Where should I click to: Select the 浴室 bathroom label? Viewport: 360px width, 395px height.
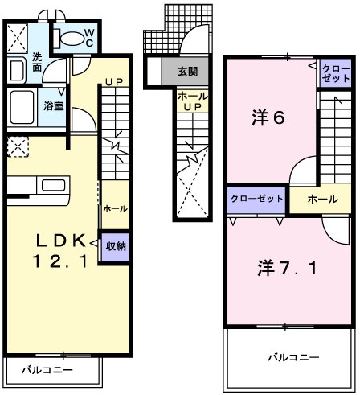click(54, 105)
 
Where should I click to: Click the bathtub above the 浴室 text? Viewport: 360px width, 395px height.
click(24, 105)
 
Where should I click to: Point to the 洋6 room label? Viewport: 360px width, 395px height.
click(267, 118)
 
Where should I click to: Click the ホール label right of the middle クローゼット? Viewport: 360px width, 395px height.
click(321, 199)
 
